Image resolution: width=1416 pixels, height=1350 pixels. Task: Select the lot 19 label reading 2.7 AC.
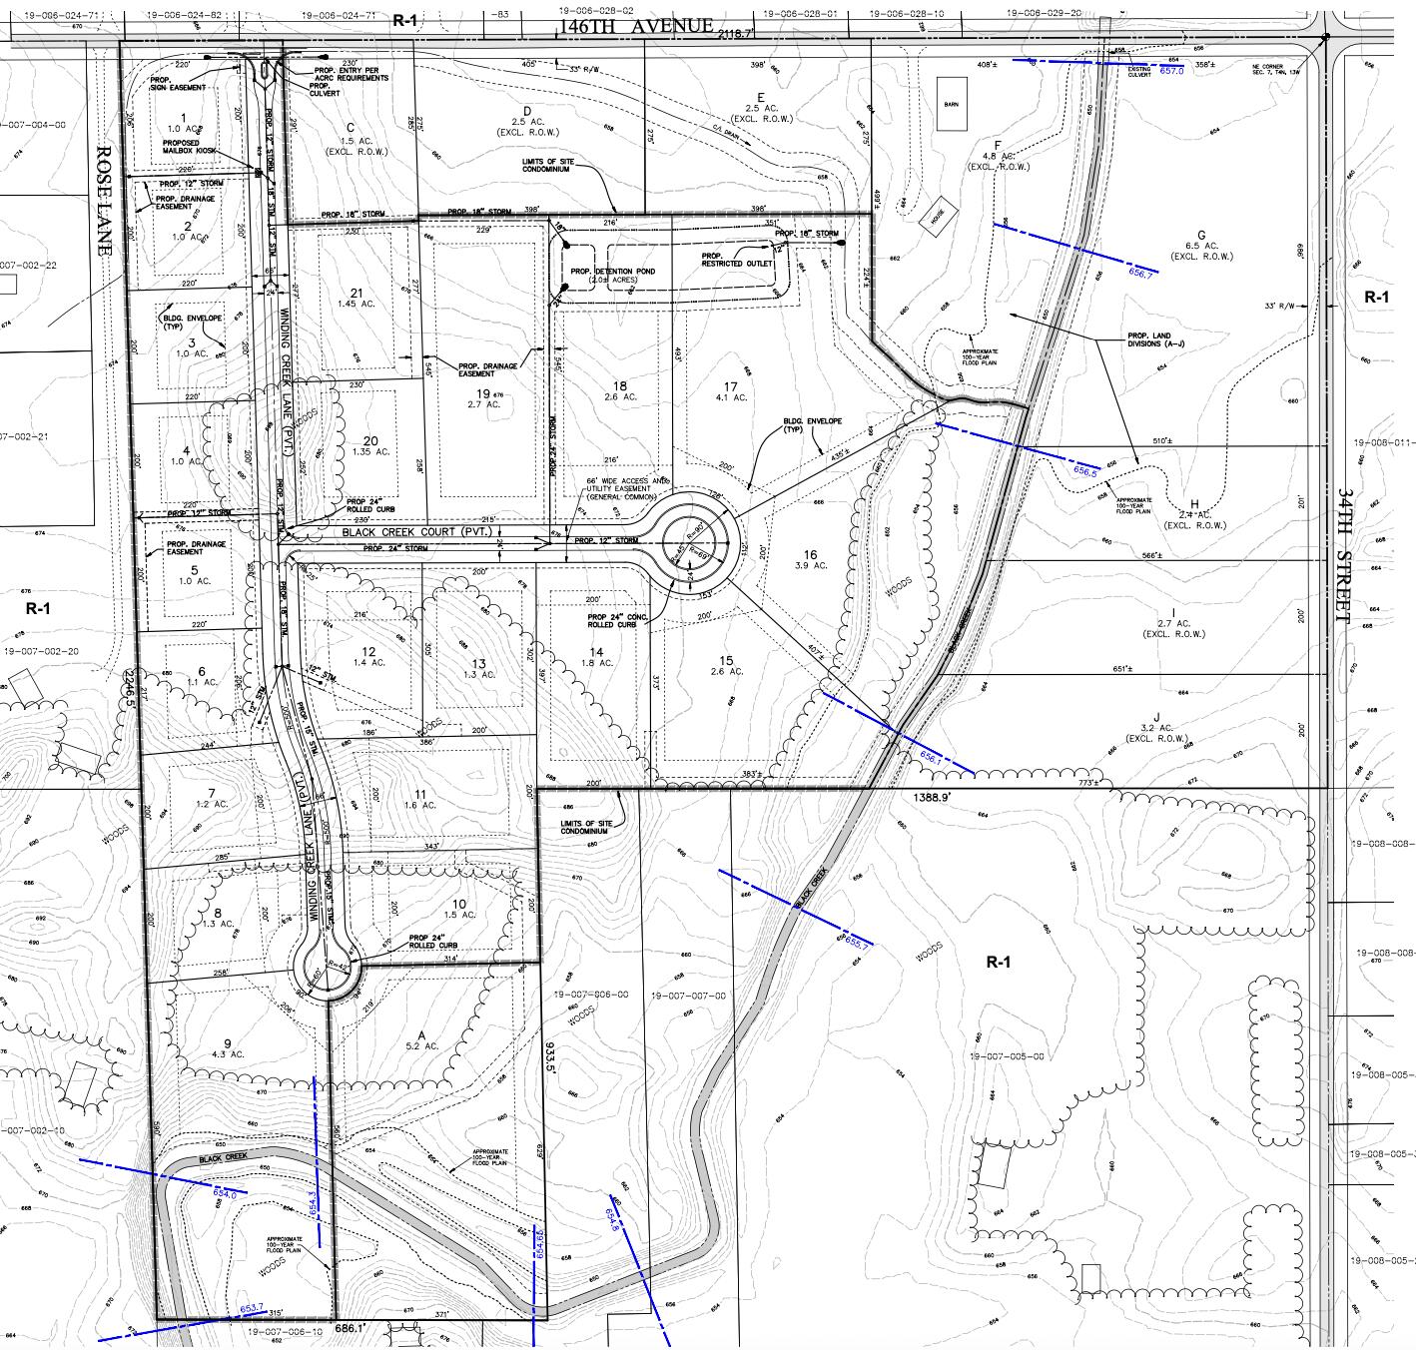[485, 399]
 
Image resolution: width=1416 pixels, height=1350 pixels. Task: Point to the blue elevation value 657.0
[1170, 71]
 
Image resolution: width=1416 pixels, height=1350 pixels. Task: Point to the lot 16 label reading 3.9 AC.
[809, 559]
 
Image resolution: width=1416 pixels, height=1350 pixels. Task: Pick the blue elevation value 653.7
[252, 1307]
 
